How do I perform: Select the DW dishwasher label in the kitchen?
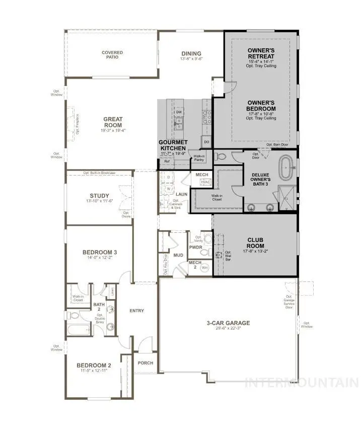179,112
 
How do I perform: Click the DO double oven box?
206,142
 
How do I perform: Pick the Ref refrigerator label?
167,161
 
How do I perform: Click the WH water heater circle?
204,268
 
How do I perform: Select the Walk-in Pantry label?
199,158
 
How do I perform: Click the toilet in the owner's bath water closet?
222,156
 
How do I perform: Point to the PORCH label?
146,363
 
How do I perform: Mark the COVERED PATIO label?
112,55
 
